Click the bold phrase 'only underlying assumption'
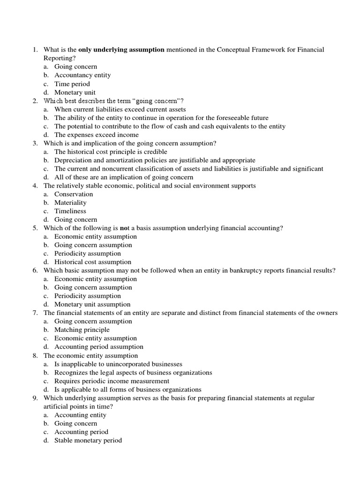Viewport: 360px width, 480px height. pos(121,50)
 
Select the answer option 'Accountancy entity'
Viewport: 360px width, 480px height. pos(82,75)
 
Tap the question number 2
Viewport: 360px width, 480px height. pos(35,101)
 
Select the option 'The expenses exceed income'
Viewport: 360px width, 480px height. pos(97,135)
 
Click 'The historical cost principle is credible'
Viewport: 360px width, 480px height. pos(111,152)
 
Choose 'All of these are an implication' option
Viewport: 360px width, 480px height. pos(123,177)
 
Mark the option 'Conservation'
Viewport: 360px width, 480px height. pos(74,194)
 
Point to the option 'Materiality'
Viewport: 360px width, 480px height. pos(70,202)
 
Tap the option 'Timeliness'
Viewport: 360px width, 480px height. pos(70,211)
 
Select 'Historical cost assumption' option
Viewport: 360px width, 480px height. pos(93,262)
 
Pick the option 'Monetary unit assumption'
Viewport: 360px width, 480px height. pos(92,304)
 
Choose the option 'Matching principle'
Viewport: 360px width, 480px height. pos(82,330)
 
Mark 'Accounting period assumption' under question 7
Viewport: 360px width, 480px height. pos(99,347)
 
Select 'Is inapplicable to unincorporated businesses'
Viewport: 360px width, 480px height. pos(118,364)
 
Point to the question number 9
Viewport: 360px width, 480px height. pos(35,398)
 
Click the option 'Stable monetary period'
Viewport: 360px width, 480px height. pos(88,440)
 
